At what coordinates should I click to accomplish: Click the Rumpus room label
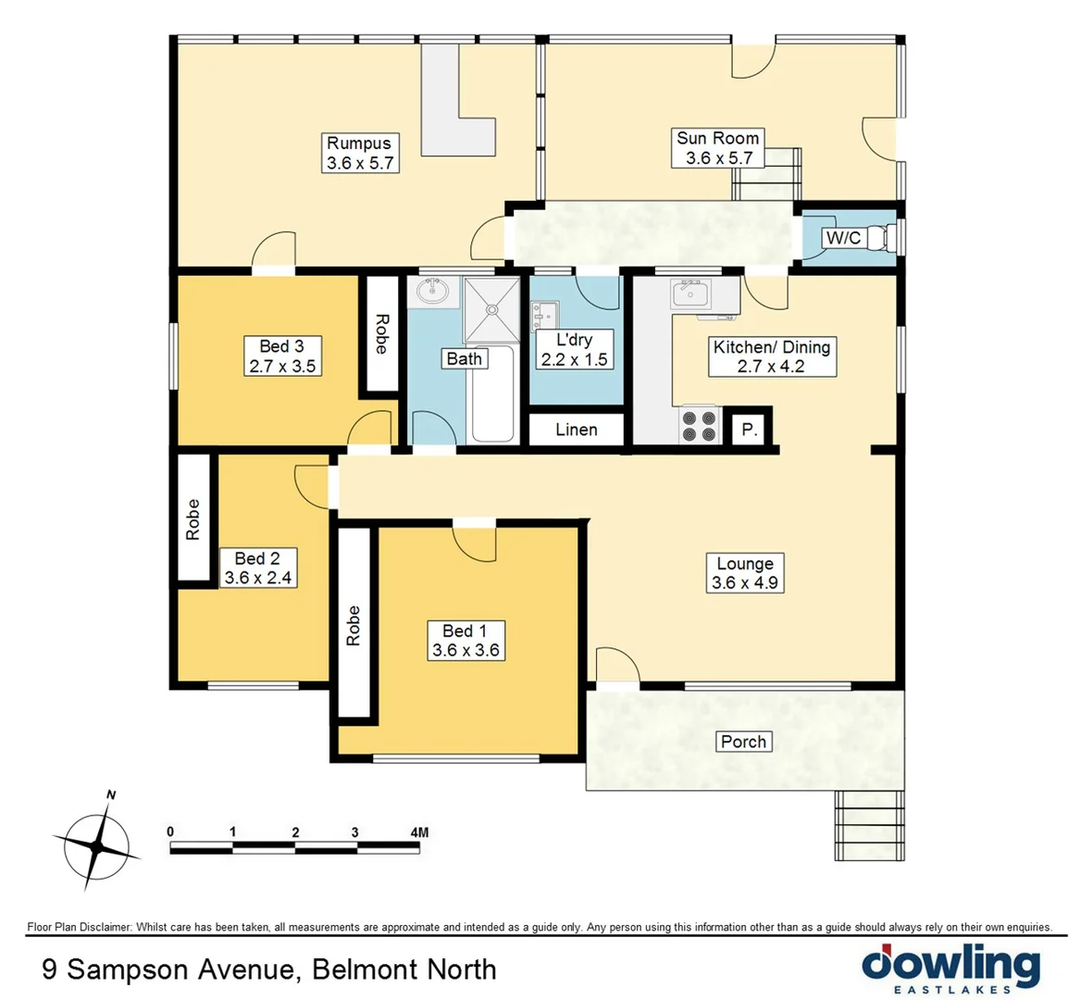359,144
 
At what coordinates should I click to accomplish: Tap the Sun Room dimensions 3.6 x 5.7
718,158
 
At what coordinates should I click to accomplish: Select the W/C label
842,238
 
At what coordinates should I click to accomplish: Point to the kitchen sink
689,294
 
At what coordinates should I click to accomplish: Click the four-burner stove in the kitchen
699,426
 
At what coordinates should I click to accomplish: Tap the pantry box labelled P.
750,430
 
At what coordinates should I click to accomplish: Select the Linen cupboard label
576,430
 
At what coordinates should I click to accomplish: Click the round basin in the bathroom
431,293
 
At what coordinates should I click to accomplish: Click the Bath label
465,358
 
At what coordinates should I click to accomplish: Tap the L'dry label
574,340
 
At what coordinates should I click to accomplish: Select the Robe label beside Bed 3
380,334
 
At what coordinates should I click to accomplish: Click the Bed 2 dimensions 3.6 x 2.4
258,578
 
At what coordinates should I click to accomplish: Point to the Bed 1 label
465,631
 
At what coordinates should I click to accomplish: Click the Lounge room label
745,563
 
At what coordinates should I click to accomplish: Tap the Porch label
743,742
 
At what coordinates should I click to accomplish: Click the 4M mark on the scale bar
418,832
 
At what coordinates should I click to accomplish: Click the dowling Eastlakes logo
950,968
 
